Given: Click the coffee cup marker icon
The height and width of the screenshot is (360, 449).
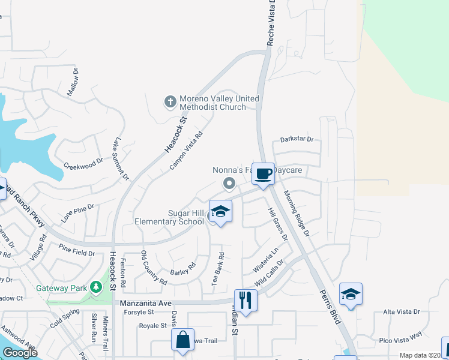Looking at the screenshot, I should point(263,174).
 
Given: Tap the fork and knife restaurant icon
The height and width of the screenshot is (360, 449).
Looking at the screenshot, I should point(245,298).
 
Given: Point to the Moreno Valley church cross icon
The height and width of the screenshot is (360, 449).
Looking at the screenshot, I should point(170,102).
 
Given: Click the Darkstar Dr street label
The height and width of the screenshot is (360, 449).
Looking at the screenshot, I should point(297,139).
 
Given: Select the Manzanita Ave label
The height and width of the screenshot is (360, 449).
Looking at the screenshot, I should point(146,304).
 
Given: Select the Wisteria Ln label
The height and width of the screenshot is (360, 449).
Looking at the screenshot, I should point(267,261).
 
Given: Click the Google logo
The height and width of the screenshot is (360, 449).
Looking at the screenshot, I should point(20,353).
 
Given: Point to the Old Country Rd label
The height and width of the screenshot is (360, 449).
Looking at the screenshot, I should point(154,268).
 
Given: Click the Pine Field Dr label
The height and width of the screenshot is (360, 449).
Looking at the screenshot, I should point(76,253).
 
